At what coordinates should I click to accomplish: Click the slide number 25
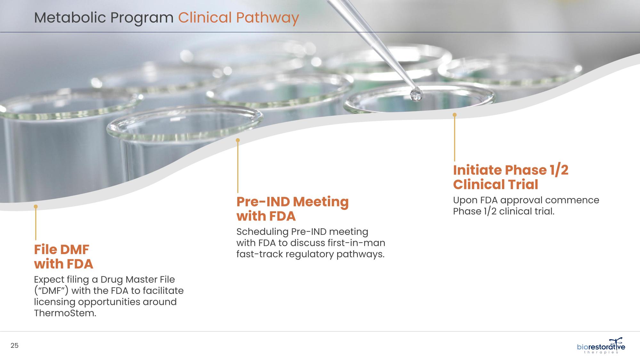coord(14,346)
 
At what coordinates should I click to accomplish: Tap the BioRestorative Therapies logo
coord(601,346)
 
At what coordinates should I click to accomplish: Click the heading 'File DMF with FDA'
coord(64,257)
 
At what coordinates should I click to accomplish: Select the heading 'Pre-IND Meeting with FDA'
coord(293,209)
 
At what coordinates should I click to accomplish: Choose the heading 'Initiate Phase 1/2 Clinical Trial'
coord(511,177)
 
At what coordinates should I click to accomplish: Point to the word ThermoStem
coord(65,313)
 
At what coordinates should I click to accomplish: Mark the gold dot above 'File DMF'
coord(36,206)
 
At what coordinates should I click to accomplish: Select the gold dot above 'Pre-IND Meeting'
coord(238,140)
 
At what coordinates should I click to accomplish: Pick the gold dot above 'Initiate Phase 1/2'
coord(455,115)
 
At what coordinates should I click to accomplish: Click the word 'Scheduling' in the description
coord(262,232)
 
